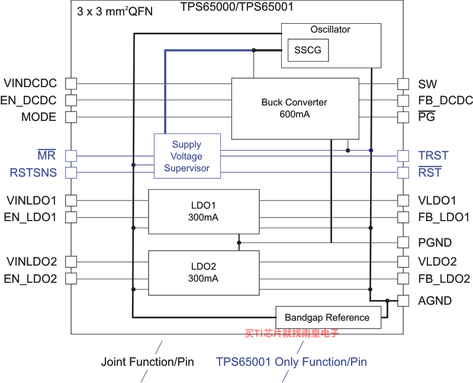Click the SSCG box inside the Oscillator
pyautogui.click(x=308, y=50)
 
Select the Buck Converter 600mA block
pyautogui.click(x=295, y=108)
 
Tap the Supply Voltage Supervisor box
pyautogui.click(x=187, y=156)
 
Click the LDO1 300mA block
pyautogui.click(x=204, y=212)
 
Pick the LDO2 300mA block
pyautogui.click(x=204, y=273)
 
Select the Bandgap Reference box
pyautogui.click(x=328, y=317)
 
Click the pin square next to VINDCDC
pyautogui.click(x=71, y=84)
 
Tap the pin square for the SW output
pyautogui.click(x=403, y=84)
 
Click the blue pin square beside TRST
pyautogui.click(x=403, y=156)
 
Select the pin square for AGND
pyautogui.click(x=403, y=301)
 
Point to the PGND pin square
pyautogui.click(x=403, y=242)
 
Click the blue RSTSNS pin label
pyautogui.click(x=33, y=173)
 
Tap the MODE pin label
pyautogui.click(x=38, y=117)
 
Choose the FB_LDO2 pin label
pyautogui.click(x=444, y=279)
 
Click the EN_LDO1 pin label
pyautogui.click(x=30, y=217)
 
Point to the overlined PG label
pyautogui.click(x=427, y=116)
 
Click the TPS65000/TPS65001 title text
pyautogui.click(x=237, y=7)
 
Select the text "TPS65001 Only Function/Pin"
pyautogui.click(x=291, y=362)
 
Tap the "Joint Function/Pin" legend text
pyautogui.click(x=147, y=362)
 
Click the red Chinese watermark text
pyautogui.click(x=292, y=333)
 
